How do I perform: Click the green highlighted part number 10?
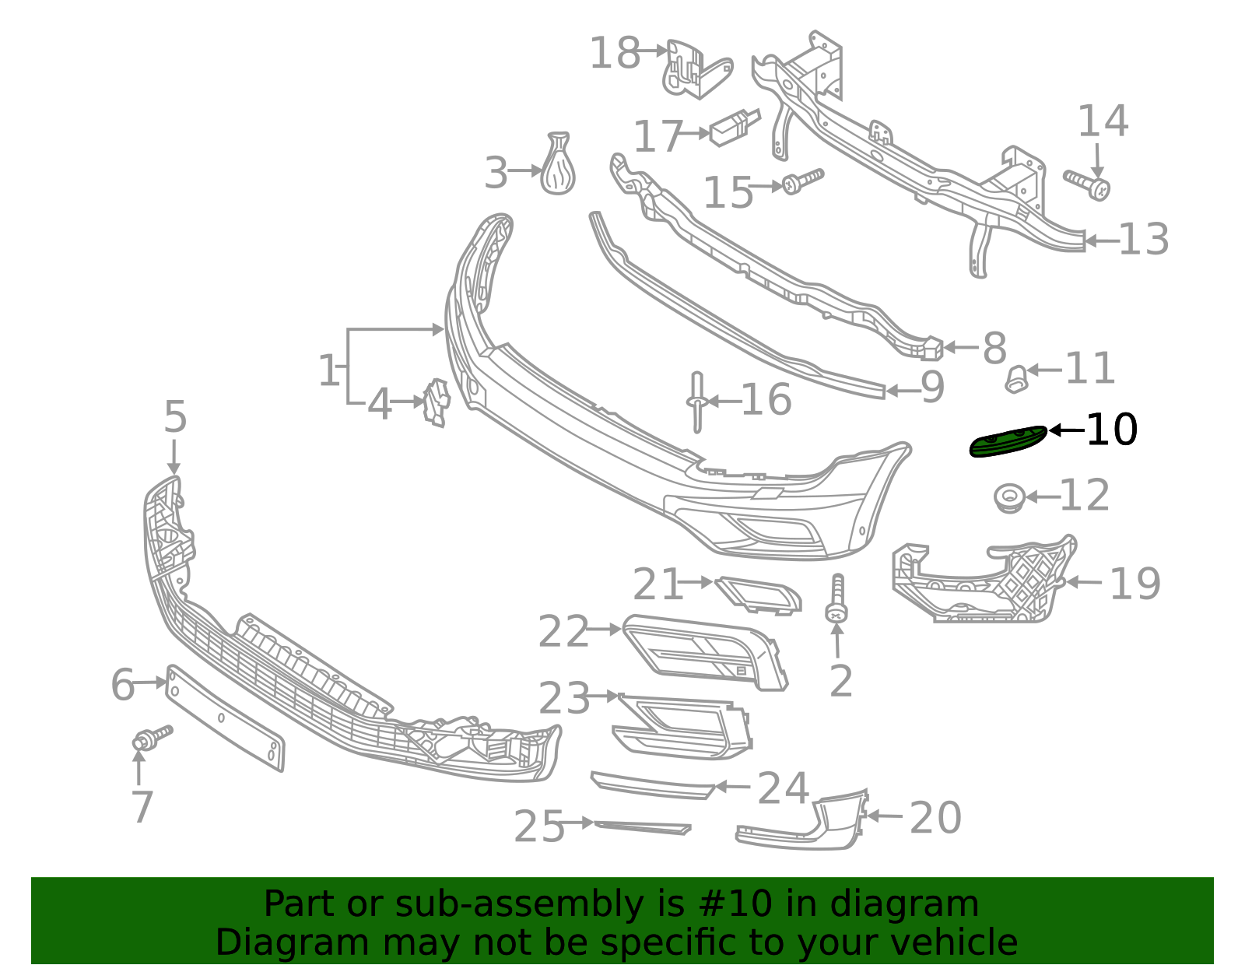tap(1007, 442)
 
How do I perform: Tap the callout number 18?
tap(614, 54)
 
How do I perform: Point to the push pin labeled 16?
tap(696, 401)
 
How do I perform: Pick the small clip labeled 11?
tap(1015, 379)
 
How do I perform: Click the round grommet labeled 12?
tap(1009, 497)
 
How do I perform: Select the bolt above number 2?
tap(837, 599)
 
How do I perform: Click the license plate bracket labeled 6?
tap(226, 718)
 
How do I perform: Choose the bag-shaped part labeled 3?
tap(559, 166)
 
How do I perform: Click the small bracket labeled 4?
tap(437, 402)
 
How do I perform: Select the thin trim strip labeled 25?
tap(642, 826)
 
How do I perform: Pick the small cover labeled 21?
tap(759, 595)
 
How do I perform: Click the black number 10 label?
tap(1111, 430)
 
